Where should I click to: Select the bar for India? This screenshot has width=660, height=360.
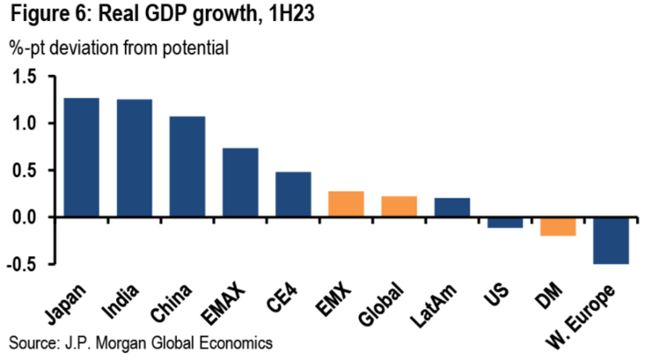click(135, 158)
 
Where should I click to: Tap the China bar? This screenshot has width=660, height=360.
click(187, 166)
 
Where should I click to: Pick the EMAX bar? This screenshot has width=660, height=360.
click(240, 182)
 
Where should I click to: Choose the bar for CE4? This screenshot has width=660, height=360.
click(293, 195)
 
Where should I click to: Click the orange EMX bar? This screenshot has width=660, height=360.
click(346, 204)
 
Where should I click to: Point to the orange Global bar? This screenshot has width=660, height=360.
click(399, 206)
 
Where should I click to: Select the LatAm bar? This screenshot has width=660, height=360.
click(451, 207)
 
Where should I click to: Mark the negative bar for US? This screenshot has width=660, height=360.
click(504, 222)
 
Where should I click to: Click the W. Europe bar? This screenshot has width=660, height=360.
click(610, 239)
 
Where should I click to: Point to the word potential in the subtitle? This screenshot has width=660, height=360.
click(195, 48)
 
